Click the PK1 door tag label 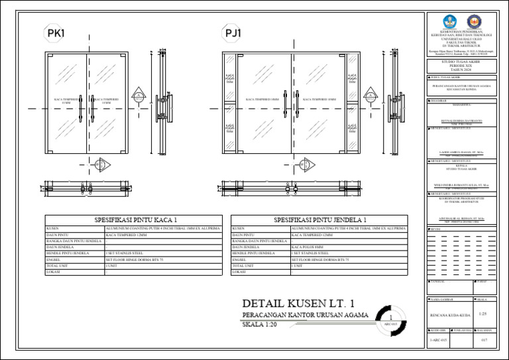click(x=56, y=33)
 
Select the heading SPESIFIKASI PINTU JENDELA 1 click(x=320, y=219)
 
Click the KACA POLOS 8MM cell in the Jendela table click(x=309, y=247)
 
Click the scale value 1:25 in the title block click(x=482, y=313)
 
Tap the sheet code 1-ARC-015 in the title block click(x=437, y=340)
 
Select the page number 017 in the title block click(x=484, y=340)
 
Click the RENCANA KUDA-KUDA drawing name click(x=447, y=314)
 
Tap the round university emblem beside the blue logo click(x=475, y=21)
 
